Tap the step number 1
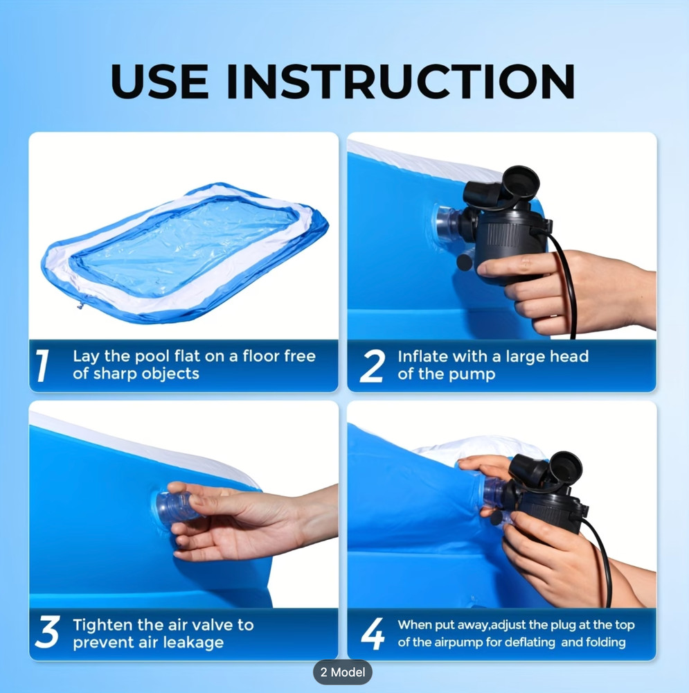[43, 365]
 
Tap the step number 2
[372, 366]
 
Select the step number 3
[47, 633]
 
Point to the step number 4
[373, 633]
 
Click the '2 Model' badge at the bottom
[343, 672]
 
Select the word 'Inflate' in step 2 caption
[422, 357]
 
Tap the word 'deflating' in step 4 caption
[528, 642]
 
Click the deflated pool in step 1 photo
[184, 253]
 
